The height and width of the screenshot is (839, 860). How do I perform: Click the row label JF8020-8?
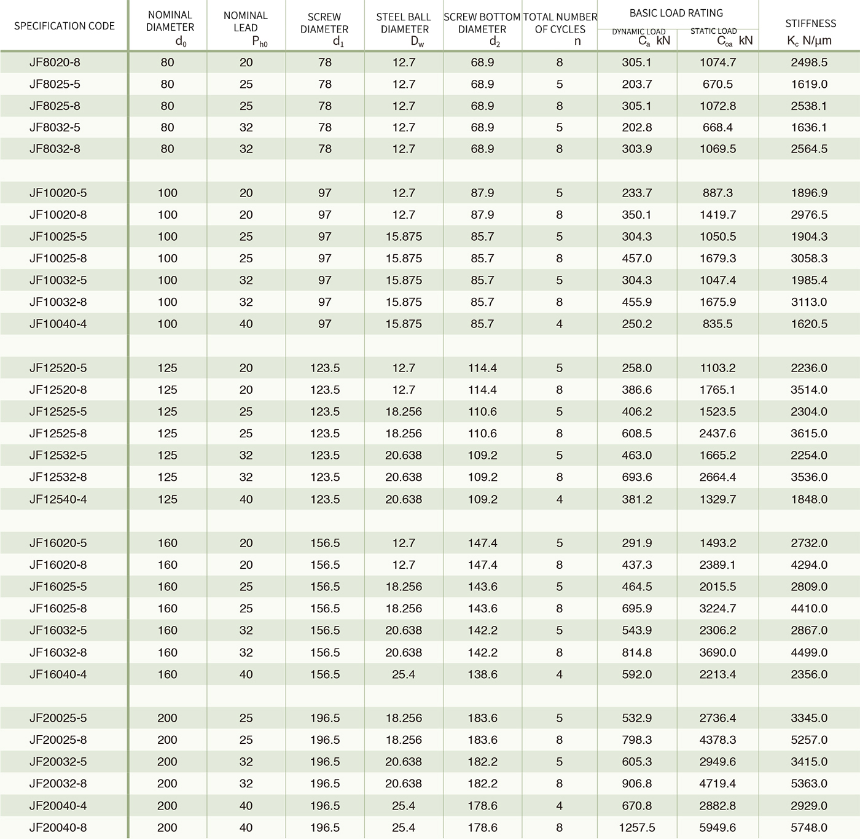point(55,63)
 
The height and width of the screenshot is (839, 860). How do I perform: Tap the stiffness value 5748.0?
point(809,827)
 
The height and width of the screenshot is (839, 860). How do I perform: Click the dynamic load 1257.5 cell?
point(636,827)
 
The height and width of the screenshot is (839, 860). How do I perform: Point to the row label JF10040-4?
point(58,324)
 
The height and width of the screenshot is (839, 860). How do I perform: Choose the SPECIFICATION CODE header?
point(64,26)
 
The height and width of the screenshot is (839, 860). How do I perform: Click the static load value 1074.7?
point(717,63)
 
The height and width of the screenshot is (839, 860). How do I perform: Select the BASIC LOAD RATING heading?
point(676,13)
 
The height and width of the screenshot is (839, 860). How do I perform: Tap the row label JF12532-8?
point(58,477)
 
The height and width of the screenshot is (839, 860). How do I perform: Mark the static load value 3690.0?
point(717,652)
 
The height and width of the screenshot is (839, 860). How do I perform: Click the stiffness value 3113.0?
point(809,302)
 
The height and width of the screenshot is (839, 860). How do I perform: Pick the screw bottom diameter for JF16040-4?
point(482,674)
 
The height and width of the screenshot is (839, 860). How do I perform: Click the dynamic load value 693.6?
point(636,477)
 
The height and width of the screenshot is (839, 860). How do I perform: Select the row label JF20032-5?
point(58,762)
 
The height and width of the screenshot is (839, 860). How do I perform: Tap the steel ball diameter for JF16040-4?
point(404,674)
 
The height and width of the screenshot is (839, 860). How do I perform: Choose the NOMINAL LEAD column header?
point(246,28)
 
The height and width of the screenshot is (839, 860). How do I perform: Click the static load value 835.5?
point(717,324)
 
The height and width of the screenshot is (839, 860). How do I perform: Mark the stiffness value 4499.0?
point(809,652)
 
